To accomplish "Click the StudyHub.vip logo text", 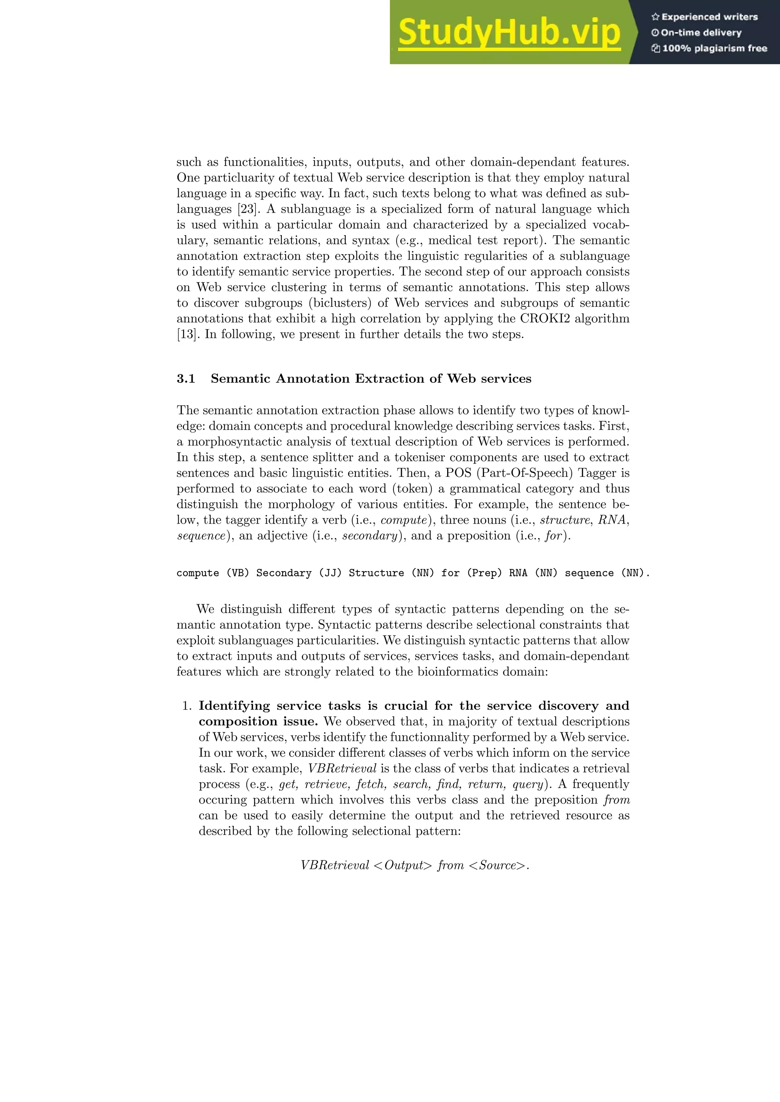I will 509,33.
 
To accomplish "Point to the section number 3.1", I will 186,379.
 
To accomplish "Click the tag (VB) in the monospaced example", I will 238,573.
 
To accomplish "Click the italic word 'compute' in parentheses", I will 403,520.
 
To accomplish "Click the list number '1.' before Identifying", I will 187,706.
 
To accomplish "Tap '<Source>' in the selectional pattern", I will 497,865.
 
